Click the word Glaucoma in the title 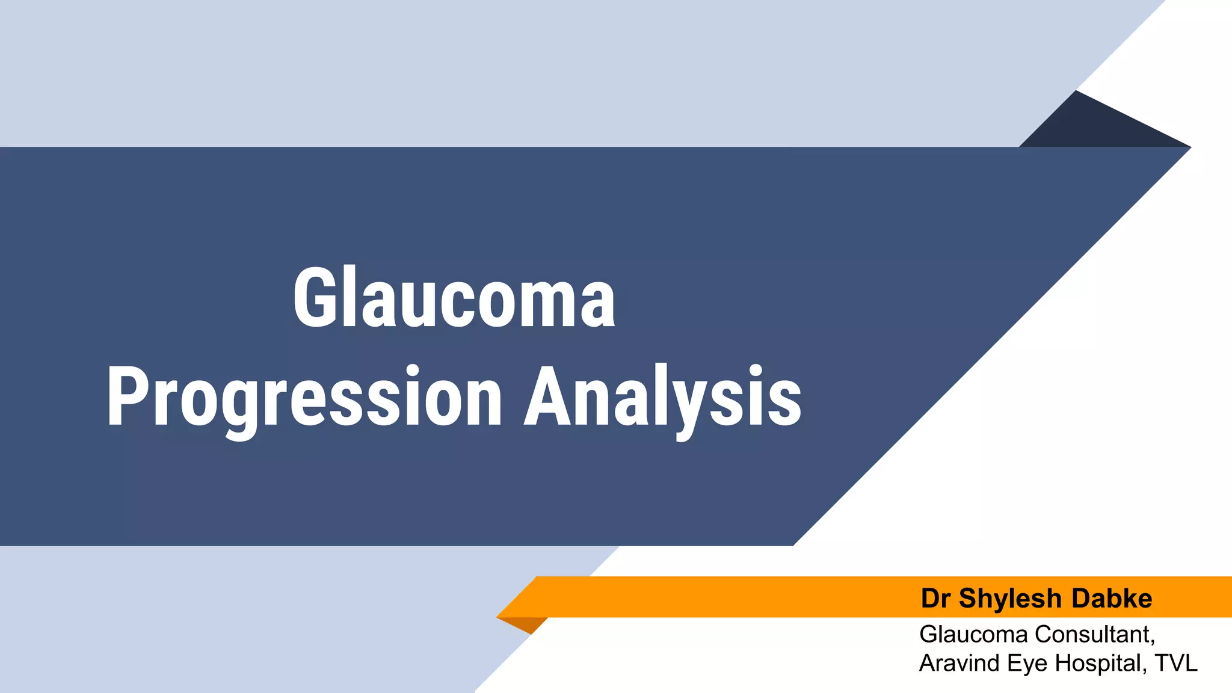(454, 299)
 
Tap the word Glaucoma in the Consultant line (973, 635)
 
